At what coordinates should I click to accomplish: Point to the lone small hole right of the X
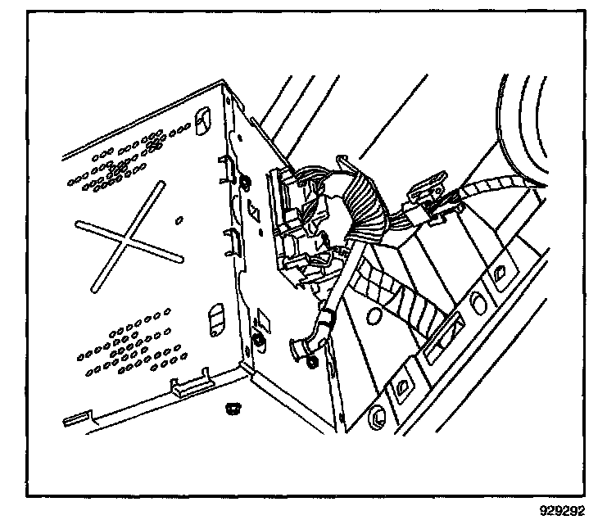(179, 219)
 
